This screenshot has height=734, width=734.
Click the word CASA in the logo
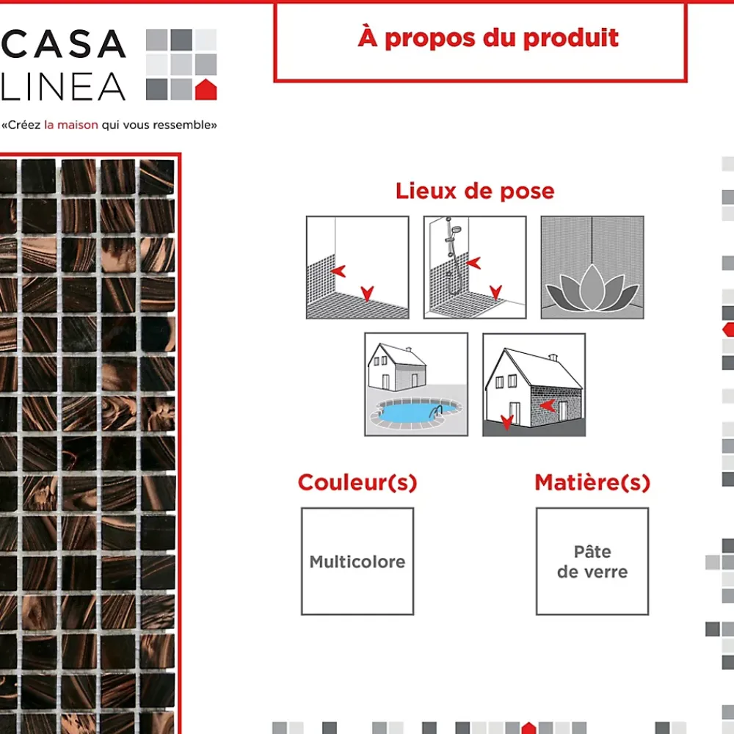(64, 44)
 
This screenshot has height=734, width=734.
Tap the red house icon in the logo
(206, 90)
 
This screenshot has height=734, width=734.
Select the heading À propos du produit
(488, 38)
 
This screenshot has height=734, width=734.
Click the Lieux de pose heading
(475, 191)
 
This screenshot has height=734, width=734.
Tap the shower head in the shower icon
(456, 229)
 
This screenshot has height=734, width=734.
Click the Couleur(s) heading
(357, 483)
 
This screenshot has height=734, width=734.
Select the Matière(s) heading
(592, 483)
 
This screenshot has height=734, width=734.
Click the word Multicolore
(357, 562)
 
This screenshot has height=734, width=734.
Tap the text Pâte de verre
(592, 562)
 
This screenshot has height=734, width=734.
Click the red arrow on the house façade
(548, 405)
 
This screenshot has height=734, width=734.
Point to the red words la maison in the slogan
(71, 125)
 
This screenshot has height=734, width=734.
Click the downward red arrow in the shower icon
(495, 291)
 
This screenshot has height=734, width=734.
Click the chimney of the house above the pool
(409, 349)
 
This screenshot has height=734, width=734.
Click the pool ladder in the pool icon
(436, 412)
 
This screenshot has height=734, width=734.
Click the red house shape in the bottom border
(528, 727)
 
